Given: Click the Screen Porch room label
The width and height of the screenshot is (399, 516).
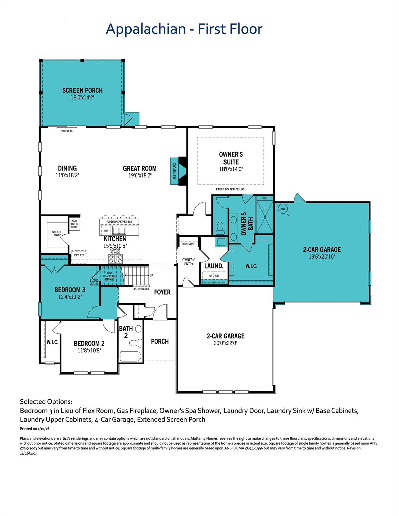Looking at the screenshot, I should coord(83,90).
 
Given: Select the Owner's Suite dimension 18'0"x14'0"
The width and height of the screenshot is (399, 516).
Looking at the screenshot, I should coord(231,169).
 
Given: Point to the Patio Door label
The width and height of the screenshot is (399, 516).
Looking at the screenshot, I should coord(67,131).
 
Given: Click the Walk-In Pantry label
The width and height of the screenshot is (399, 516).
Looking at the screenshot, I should coord(56,233).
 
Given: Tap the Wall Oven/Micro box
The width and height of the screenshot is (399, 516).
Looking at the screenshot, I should coord(74,224).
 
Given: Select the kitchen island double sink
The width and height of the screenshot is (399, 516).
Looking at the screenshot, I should coord(119,231).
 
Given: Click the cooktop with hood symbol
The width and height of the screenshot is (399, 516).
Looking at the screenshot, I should coord(115,258).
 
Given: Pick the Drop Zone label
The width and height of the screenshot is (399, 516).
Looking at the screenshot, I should coord(188,244).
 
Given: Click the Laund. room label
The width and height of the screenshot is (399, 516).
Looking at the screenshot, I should coord(214,266).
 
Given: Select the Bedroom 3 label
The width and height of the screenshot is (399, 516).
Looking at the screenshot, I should coord(70,290).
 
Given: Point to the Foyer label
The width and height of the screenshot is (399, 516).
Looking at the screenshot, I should coord(162,292).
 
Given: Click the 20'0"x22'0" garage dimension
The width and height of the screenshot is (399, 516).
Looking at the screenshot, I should coord(226,343).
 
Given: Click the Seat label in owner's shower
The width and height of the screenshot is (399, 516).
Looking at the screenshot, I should coord(265,198).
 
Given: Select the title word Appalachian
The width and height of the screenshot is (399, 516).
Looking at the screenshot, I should coord(146,29).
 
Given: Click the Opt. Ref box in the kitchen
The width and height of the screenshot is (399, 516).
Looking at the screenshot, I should coord(79,256).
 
